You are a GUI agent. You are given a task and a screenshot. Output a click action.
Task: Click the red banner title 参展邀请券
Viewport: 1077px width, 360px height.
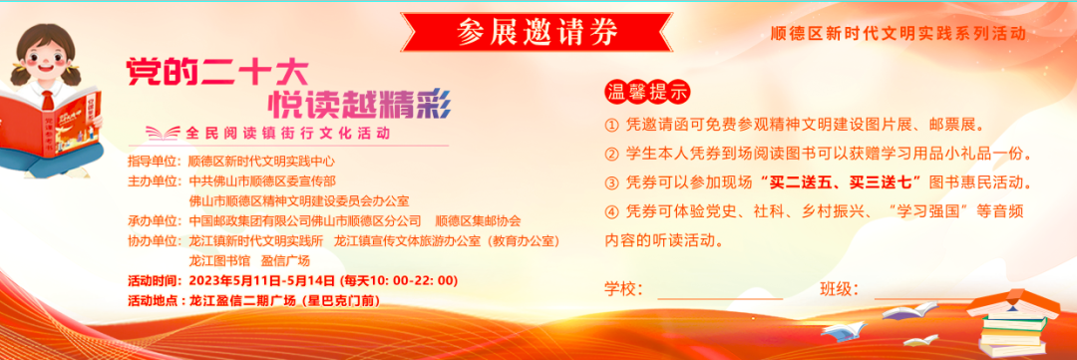538,32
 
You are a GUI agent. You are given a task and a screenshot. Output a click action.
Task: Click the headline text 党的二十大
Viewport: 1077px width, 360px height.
215,71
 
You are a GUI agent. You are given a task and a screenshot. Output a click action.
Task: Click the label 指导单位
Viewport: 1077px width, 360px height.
153,163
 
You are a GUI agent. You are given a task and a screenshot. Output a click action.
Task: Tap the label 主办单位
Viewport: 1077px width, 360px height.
153,181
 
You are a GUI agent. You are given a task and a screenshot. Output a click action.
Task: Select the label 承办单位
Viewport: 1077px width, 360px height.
153,221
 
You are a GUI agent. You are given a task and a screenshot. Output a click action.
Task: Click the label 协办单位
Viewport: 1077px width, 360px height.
153,241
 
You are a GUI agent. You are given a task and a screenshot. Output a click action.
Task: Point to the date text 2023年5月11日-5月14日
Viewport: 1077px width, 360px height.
261,280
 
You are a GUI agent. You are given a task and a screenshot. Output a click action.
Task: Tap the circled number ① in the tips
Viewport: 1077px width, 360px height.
612,126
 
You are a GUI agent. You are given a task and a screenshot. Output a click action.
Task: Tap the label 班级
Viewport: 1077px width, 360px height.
840,289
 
